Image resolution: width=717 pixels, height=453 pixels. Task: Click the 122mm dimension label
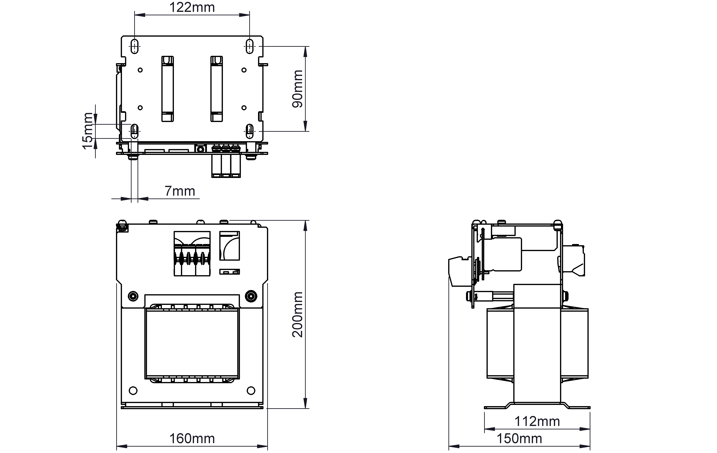pos(192,7)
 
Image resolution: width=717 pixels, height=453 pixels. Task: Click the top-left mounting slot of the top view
pos(135,46)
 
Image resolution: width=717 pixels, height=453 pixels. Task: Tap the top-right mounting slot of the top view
pos(250,46)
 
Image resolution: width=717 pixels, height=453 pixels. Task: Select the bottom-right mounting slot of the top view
pos(250,131)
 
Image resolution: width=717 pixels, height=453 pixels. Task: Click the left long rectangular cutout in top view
pos(168,89)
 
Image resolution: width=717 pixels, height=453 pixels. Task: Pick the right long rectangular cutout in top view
pos(216,89)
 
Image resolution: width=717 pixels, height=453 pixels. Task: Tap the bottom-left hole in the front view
pos(133,390)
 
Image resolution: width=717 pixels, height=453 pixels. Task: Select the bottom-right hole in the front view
pos(251,390)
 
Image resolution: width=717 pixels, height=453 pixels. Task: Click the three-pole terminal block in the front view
pos(192,254)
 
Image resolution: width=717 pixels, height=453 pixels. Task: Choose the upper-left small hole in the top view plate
pos(140,70)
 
